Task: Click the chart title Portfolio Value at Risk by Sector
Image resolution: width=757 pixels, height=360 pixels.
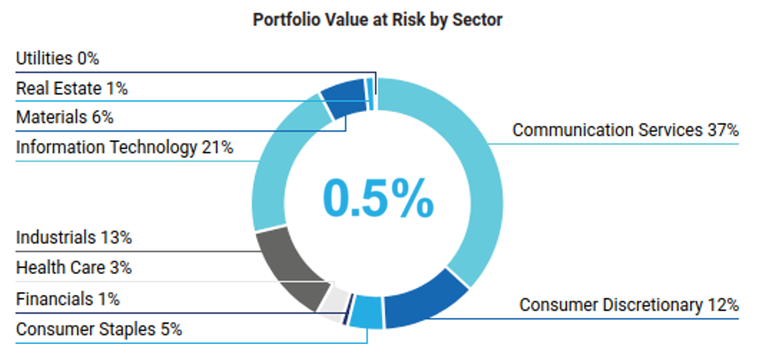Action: tap(378, 20)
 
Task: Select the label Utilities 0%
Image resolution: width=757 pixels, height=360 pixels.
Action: tap(58, 59)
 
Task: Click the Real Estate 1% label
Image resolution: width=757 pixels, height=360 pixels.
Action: tap(72, 89)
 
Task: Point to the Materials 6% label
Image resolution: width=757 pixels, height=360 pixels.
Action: tap(65, 118)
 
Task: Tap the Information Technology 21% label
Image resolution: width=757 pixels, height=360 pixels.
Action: tap(124, 147)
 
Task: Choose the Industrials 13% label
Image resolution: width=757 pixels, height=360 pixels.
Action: tap(74, 238)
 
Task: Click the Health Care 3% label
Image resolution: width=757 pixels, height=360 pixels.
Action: tap(74, 268)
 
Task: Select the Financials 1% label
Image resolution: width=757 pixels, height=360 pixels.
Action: tap(68, 299)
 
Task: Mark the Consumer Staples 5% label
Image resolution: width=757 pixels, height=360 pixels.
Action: tap(99, 329)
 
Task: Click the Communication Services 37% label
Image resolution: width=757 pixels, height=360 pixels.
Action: tap(625, 130)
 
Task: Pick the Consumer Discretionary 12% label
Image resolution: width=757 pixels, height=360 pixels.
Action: tap(629, 305)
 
